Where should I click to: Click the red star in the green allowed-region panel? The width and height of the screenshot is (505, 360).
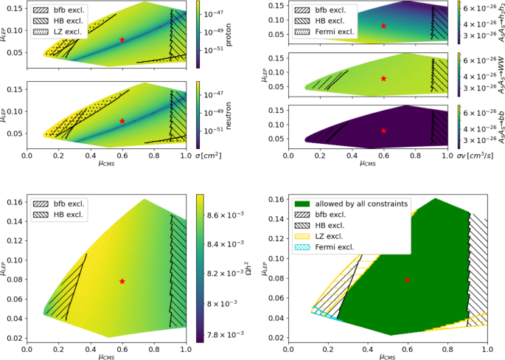point(407,280)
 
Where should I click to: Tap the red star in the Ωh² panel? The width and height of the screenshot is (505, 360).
point(122,281)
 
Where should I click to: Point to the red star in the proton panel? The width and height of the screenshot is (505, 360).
point(122,40)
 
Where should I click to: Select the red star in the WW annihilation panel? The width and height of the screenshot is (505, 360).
point(383,78)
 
